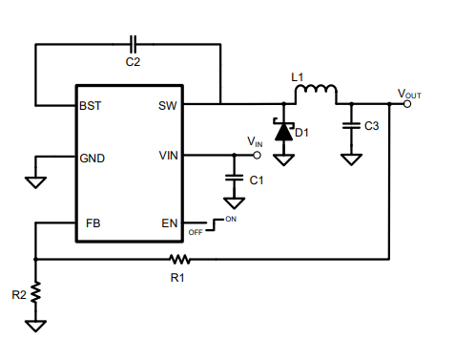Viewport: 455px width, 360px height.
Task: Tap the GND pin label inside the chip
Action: tap(93, 158)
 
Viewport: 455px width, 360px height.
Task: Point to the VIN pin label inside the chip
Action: tap(168, 155)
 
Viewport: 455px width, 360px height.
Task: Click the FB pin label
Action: tap(93, 223)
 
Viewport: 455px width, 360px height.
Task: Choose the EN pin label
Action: tap(170, 223)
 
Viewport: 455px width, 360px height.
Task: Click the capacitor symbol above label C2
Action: tap(133, 44)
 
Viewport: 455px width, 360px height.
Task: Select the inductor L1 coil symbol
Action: tap(316, 93)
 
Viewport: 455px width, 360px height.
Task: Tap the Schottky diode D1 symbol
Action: tap(283, 132)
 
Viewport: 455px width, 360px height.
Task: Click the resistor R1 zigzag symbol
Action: tap(179, 259)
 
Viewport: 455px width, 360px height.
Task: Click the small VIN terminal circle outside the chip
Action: tap(257, 155)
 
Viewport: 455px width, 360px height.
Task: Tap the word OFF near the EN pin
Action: tap(196, 231)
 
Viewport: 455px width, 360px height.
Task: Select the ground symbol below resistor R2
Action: tap(35, 326)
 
